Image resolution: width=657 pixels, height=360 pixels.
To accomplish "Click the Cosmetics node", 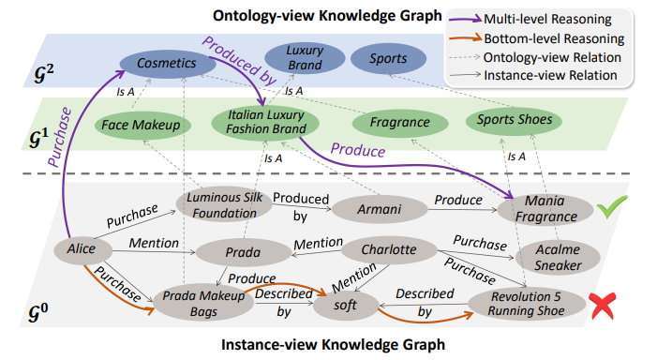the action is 167,64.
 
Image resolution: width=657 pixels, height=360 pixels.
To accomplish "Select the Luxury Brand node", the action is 305,58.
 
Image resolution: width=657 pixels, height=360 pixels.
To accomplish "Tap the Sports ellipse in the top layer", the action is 388,59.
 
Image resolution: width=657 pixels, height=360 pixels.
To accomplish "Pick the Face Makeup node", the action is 142,125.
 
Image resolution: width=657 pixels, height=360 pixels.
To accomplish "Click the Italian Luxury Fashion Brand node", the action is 265,122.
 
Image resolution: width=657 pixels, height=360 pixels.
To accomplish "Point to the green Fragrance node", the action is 400,123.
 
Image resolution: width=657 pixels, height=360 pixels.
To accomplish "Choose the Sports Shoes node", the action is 515,120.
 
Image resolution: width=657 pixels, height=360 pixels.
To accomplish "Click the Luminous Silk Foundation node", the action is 224,205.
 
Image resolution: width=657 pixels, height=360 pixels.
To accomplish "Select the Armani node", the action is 380,209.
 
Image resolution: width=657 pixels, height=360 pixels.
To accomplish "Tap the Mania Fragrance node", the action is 545,208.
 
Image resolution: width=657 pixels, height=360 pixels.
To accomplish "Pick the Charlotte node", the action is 389,249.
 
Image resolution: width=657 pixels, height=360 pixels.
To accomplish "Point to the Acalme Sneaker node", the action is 558,257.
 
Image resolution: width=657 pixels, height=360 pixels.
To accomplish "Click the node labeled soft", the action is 346,305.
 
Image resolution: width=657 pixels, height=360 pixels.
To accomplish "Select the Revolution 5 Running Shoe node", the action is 527,304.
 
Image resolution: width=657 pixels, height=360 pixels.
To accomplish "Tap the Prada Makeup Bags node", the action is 203,304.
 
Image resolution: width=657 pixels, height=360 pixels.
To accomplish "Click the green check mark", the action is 612,206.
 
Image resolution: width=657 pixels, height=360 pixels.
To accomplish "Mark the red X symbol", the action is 603,306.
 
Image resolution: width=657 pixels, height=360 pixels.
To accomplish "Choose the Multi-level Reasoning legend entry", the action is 530,20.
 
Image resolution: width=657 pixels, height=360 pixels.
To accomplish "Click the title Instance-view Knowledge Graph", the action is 333,344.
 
